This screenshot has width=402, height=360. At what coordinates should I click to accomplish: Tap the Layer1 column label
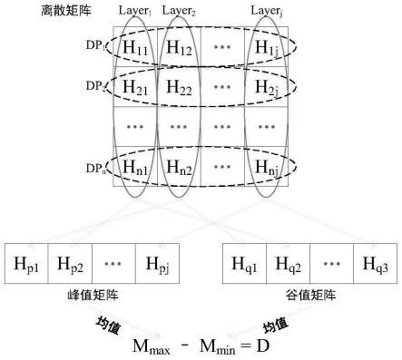point(134,11)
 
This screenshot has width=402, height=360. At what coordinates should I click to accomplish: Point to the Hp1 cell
point(27,265)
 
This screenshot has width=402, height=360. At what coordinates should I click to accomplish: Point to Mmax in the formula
point(156,346)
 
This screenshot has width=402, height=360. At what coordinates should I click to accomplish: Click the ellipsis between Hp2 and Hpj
point(114,265)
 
